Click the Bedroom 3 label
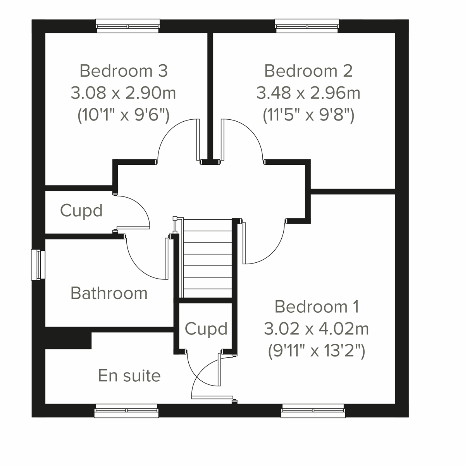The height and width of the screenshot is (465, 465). [124, 71]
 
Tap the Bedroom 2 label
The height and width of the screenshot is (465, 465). [308, 71]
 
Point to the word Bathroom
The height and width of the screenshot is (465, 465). [109, 293]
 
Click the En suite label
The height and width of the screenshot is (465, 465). [129, 375]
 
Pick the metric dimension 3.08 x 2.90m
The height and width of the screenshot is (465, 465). [123, 93]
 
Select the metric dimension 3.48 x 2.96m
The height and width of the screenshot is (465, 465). [308, 93]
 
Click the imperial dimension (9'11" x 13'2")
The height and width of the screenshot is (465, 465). [317, 351]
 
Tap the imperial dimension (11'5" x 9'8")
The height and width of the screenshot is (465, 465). [308, 115]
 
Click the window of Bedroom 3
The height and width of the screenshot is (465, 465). [128, 26]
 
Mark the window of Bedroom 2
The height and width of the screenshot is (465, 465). [307, 26]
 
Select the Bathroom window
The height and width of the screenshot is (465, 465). [38, 265]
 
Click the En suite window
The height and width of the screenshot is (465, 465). [126, 411]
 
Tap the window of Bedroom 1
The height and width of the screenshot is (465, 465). [313, 411]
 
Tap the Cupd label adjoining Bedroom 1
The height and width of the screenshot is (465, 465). [206, 329]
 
